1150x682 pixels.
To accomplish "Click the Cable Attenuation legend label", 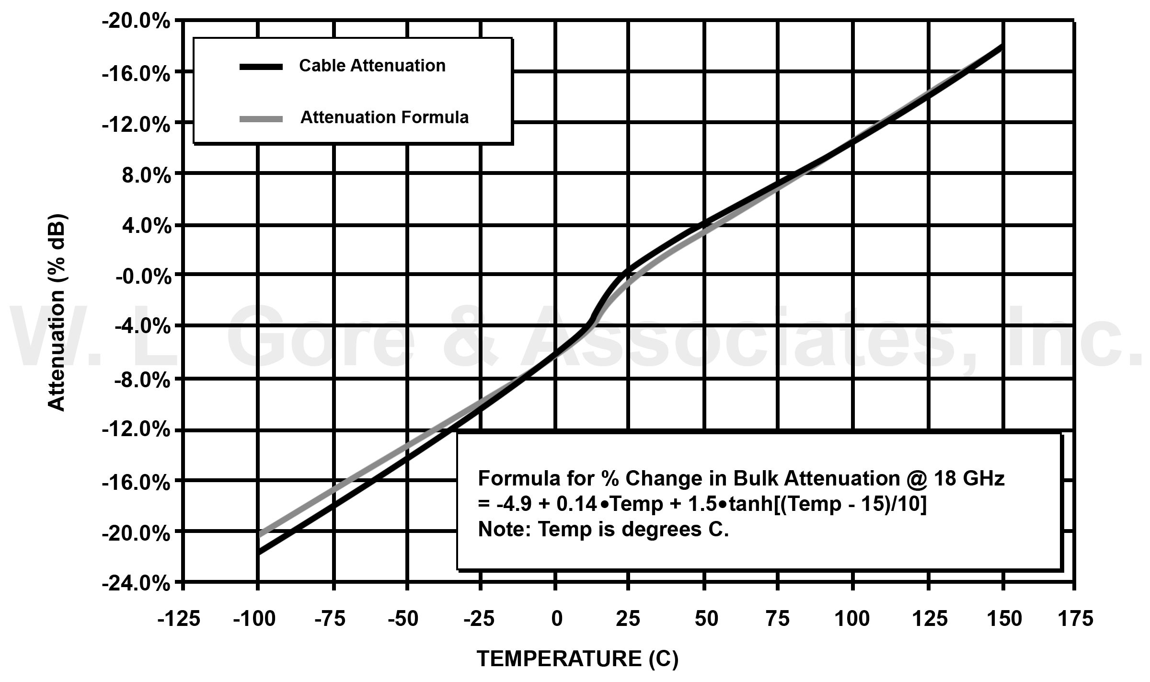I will pos(372,66).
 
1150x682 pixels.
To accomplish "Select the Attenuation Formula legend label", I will pos(384,117).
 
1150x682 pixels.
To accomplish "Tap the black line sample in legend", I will pos(261,67).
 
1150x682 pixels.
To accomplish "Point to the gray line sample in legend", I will pos(261,119).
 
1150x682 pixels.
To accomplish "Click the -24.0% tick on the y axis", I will pos(136,584).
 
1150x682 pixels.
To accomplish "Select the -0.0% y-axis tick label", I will pos(142,277).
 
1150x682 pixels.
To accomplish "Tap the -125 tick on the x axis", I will pos(179,619).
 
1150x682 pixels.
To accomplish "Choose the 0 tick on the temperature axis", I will pos(556,619).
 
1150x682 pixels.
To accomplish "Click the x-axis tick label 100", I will pos(852,619).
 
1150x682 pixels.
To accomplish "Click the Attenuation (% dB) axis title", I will pos(57,312).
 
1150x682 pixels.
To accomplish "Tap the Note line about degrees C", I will pos(603,530).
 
